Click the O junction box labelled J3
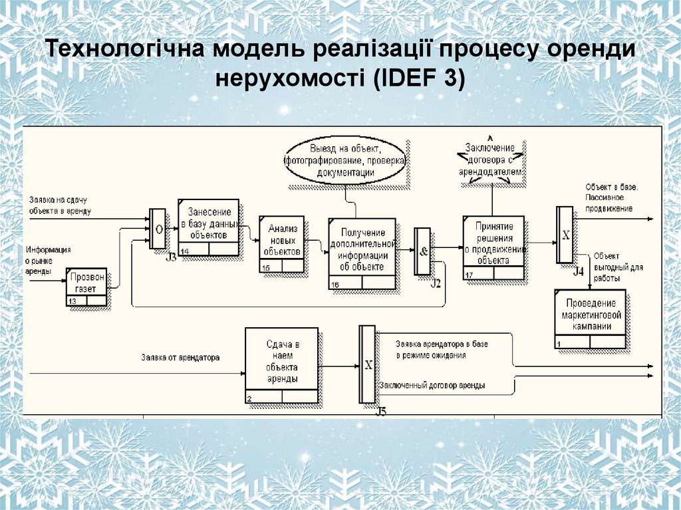158,229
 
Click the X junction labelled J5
367,364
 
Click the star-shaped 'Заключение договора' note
491,159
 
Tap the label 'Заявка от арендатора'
180,357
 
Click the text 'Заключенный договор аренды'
432,386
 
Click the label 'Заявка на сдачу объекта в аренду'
60,205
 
